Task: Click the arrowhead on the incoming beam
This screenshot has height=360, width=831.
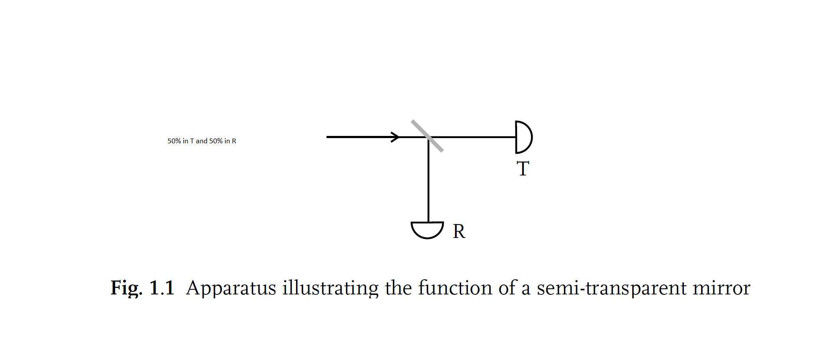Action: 395,137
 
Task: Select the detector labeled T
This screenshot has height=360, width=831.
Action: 523,137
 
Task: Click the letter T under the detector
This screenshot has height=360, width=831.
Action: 523,168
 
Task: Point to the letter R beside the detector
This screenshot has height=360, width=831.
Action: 459,231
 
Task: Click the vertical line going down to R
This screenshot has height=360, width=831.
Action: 429,182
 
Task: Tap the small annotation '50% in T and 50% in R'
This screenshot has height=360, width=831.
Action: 202,141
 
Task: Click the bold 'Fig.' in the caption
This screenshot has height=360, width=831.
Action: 126,288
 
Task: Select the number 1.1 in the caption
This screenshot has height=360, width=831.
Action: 162,288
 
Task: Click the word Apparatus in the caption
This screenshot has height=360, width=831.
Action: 231,288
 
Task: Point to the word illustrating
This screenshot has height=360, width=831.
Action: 330,288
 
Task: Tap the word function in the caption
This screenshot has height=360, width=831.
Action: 455,288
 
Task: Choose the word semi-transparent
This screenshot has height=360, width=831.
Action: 612,288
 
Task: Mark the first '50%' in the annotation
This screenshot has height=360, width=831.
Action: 174,141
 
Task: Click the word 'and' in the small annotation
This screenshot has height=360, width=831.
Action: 201,141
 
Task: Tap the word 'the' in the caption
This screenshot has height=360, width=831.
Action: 398,288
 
